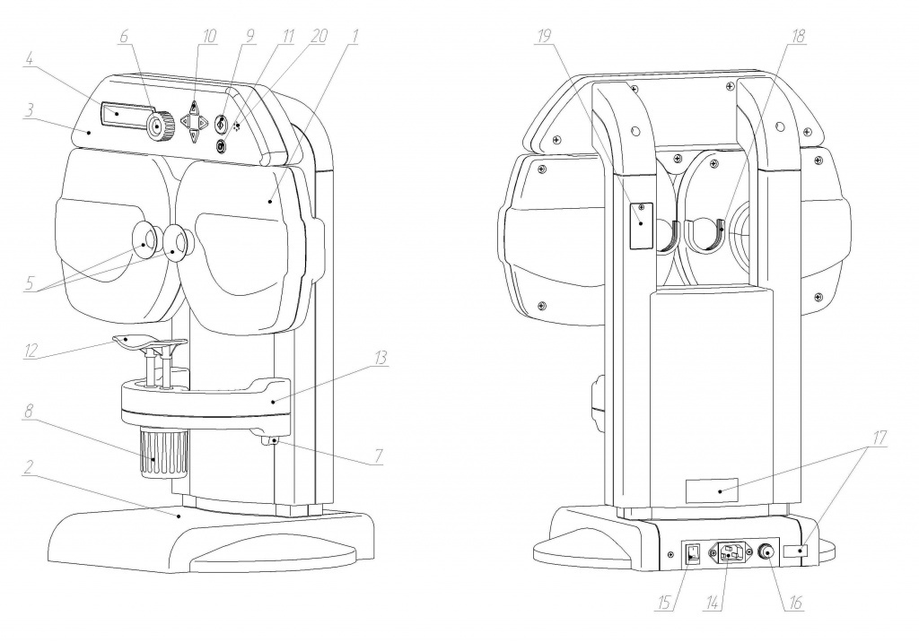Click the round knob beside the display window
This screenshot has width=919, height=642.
coord(161,127)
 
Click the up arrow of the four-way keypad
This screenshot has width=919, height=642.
coord(195,108)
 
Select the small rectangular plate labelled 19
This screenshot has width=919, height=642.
coord(640,223)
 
